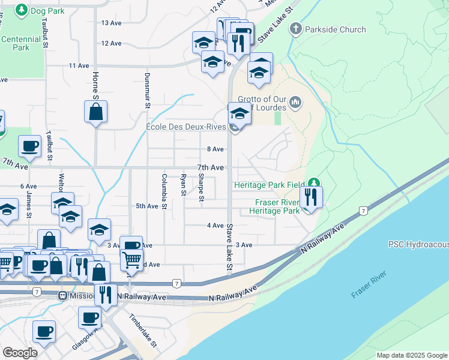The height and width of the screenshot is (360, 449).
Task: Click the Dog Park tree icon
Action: [x=22, y=10]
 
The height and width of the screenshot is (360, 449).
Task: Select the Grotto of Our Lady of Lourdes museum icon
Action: [x=295, y=103]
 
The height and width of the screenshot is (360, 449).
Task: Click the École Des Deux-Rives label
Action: [x=194, y=127]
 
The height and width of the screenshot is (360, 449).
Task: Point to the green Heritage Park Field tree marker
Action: [x=313, y=183]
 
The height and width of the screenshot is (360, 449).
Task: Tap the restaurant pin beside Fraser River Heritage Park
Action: [x=310, y=197]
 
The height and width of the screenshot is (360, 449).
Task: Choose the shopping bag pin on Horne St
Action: [x=95, y=112]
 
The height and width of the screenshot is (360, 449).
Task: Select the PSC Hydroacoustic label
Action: [x=418, y=244]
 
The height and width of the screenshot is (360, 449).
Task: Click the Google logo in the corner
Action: [x=20, y=353]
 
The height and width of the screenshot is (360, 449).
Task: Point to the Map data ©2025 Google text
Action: [x=411, y=355]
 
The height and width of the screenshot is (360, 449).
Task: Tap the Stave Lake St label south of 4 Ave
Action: [x=229, y=246]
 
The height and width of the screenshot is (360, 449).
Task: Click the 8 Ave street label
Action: [x=215, y=149]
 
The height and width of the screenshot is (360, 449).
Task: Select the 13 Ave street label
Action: [x=112, y=23]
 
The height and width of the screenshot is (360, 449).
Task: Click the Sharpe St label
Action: [x=201, y=188]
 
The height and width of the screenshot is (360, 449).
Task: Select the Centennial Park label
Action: [x=20, y=43]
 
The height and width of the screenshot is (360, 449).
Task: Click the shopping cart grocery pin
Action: [x=131, y=260]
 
